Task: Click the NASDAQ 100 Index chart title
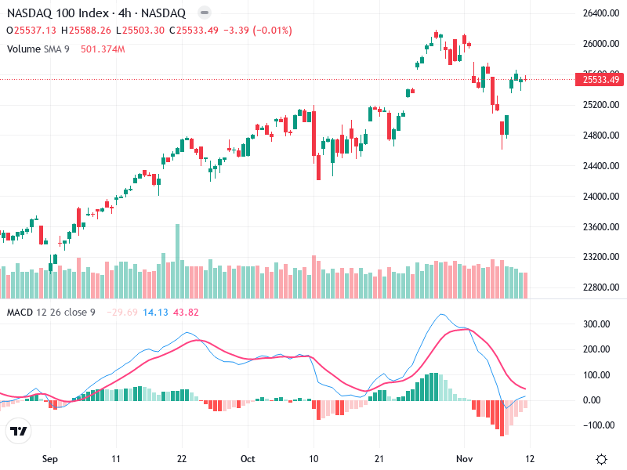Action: point(96,13)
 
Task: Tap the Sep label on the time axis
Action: point(51,458)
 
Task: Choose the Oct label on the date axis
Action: point(248,458)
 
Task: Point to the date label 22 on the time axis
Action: point(182,458)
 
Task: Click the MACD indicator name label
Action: point(19,313)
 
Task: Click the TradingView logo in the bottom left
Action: point(18,431)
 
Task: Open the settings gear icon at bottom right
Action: point(601,459)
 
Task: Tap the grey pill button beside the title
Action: point(204,13)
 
